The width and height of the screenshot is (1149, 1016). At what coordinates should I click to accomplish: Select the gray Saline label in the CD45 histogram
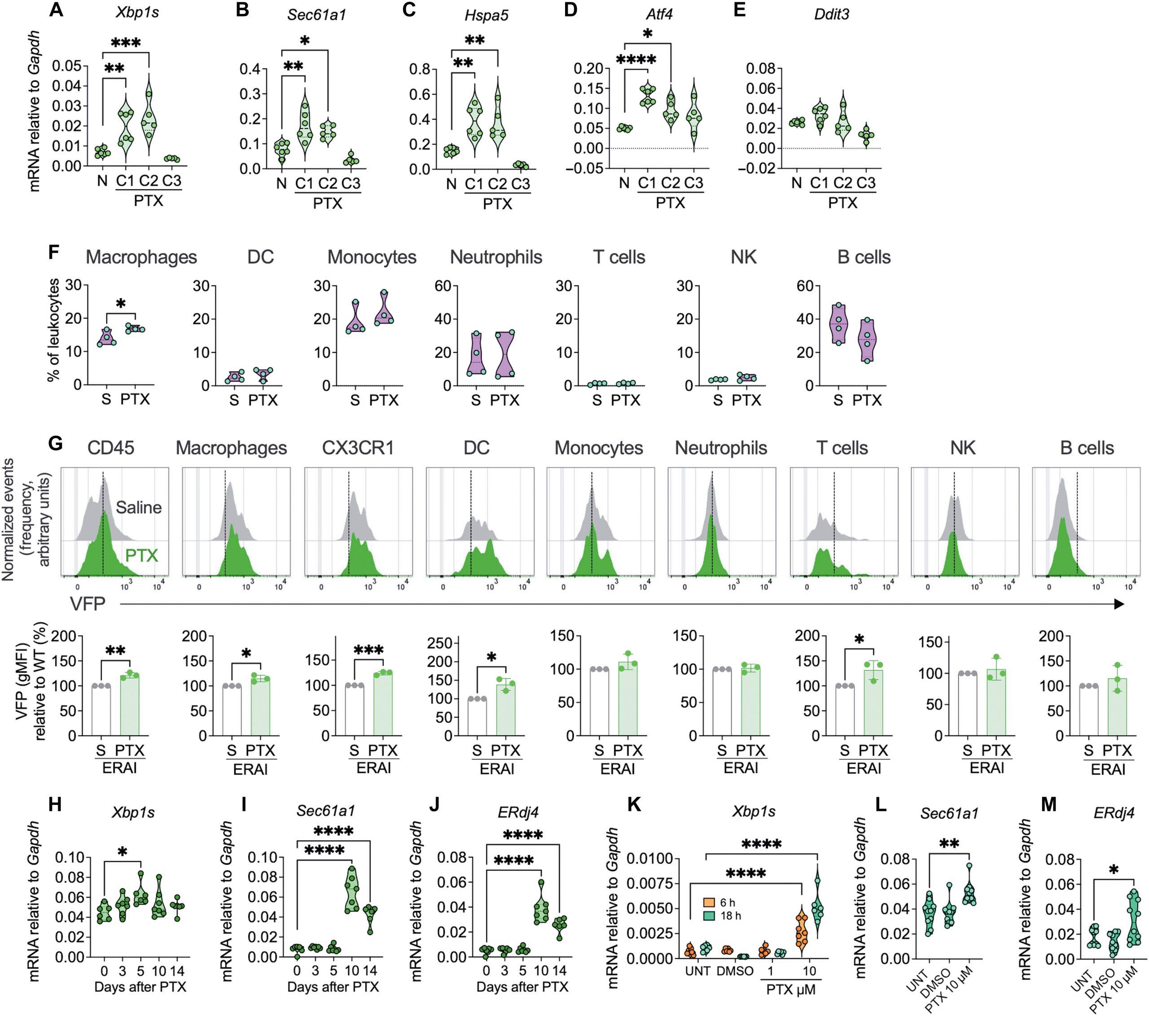click(138, 507)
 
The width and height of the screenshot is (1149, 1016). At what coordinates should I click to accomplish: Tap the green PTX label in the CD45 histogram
click(141, 555)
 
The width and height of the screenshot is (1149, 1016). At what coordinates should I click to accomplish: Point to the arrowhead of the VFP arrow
click(1118, 604)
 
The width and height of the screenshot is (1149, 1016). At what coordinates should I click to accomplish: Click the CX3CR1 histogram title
click(358, 448)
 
